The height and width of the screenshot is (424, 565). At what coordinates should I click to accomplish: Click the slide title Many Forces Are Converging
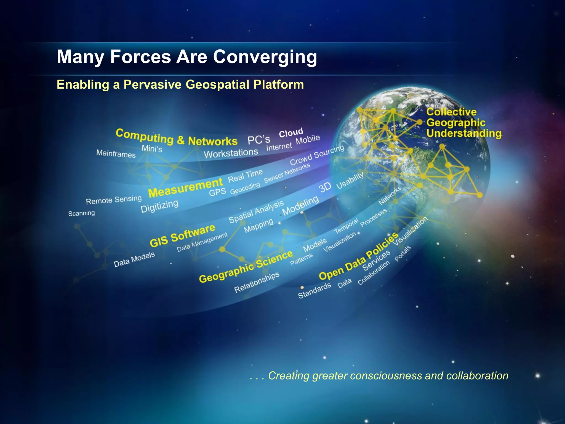click(187, 57)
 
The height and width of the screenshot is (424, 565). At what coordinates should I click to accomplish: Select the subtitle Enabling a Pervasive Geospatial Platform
click(180, 84)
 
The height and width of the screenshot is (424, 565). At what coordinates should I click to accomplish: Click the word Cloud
click(291, 133)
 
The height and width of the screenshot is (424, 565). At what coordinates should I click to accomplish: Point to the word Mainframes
click(116, 153)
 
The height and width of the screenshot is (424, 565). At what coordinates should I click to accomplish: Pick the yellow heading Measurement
click(185, 188)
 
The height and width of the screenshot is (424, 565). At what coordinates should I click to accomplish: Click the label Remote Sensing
click(114, 200)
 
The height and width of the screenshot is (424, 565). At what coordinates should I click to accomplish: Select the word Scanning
click(81, 213)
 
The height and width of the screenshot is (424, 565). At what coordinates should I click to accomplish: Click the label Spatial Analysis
click(256, 212)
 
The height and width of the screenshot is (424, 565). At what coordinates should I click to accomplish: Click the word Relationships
click(257, 282)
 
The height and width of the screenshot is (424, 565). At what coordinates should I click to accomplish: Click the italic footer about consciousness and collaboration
click(379, 376)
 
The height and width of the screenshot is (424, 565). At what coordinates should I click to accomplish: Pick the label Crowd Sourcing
click(317, 155)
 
